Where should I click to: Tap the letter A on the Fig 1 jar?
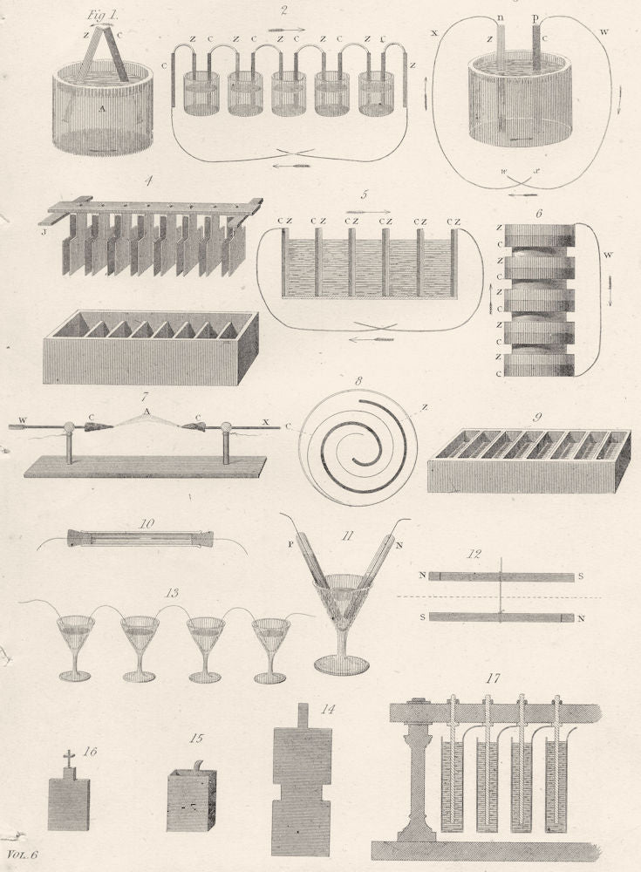point(103,108)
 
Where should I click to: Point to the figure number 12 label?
point(500,554)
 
